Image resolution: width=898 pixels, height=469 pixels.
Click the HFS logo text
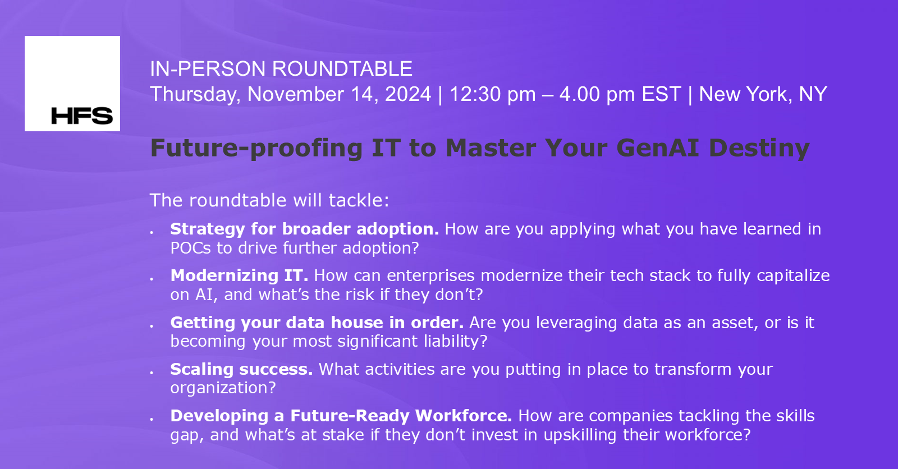pos(82,116)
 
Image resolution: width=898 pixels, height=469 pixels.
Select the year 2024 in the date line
pos(407,94)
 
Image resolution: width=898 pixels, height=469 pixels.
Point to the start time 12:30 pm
pos(492,94)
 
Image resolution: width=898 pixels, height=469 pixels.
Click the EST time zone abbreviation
pos(661,94)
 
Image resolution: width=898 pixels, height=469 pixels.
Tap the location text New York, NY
pos(763,94)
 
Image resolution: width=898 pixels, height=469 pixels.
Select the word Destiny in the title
pos(759,148)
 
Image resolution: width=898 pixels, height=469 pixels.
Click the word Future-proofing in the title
pos(256,148)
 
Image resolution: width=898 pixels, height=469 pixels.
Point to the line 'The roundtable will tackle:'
pos(269,200)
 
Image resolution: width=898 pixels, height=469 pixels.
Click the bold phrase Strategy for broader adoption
pos(304,229)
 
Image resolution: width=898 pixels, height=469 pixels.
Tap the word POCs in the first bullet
pos(190,248)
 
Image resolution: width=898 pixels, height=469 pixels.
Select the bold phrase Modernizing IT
pos(239,275)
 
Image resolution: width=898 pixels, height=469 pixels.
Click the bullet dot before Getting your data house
pos(152,326)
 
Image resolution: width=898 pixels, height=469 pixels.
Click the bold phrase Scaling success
pos(241,369)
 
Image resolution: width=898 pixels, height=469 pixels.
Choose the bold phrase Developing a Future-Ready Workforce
pos(341,416)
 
